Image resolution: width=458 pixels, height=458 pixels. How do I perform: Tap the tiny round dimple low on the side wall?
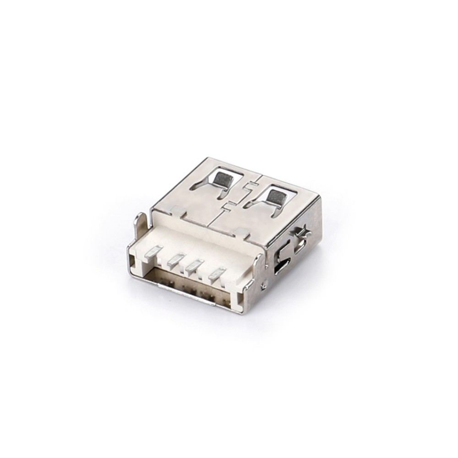[x=264, y=285]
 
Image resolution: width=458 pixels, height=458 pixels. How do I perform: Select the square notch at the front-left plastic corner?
[x=133, y=261]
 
